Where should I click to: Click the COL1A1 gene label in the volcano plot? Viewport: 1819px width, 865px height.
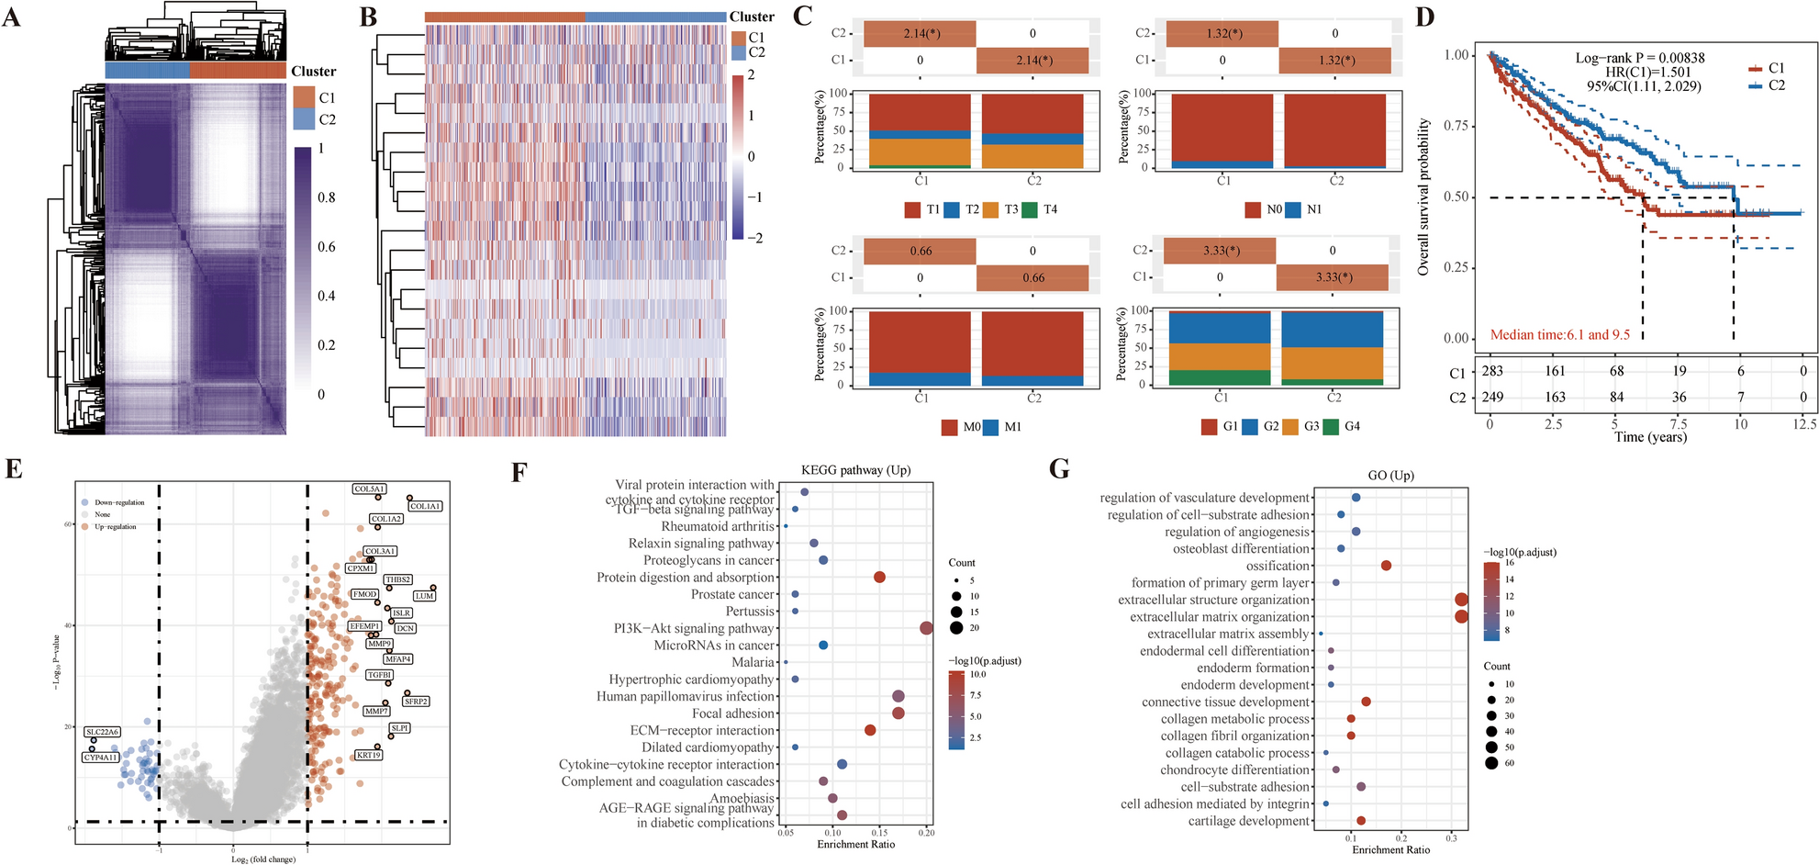click(x=426, y=506)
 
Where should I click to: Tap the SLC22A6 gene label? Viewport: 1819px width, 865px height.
click(x=102, y=732)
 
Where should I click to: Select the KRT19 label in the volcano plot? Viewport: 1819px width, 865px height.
click(x=368, y=755)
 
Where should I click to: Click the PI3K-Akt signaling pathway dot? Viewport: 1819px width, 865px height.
click(x=926, y=628)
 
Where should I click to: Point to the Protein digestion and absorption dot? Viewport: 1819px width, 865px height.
click(x=879, y=578)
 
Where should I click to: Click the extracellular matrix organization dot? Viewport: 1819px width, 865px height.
click(x=1461, y=616)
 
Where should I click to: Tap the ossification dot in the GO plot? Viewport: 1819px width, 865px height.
click(x=1386, y=566)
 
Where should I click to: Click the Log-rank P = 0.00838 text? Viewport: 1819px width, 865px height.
click(x=1640, y=58)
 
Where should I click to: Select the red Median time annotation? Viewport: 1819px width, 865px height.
click(x=1560, y=334)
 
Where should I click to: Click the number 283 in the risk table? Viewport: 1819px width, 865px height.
click(x=1492, y=371)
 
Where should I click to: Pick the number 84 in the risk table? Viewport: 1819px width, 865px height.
click(x=1617, y=397)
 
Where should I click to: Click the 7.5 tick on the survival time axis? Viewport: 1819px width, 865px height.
click(x=1679, y=424)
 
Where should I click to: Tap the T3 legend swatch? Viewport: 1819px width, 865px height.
click(x=991, y=209)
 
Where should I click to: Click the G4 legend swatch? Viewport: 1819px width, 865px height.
click(x=1331, y=426)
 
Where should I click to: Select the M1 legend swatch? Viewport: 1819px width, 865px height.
click(x=991, y=427)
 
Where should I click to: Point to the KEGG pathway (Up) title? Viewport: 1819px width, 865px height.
click(x=855, y=470)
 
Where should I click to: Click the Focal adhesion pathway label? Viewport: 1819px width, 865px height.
click(x=733, y=713)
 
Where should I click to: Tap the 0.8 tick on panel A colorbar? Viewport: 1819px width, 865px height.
click(x=327, y=197)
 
